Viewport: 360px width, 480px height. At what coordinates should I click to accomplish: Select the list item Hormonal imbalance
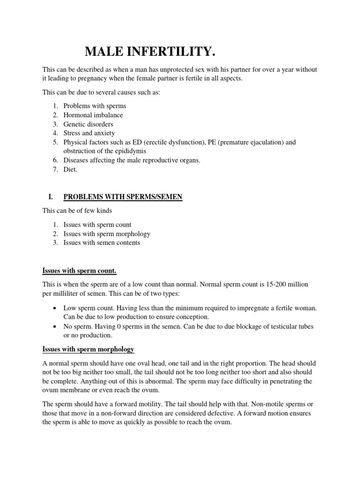93,115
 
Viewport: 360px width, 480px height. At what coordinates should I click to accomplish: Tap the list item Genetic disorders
88,124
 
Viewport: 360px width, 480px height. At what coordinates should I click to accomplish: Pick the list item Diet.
71,169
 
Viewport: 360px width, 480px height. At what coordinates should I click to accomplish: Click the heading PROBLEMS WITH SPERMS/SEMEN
123,197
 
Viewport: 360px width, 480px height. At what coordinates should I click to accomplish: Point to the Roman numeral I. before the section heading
52,197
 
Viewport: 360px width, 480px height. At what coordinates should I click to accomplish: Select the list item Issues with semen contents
102,242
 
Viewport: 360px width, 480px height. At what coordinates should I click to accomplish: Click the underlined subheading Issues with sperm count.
79,271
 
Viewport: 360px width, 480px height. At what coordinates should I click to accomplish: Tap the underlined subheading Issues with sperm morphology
88,349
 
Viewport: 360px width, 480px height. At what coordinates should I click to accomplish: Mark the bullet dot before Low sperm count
55,307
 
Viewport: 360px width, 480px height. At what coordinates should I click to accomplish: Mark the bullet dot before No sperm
55,326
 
